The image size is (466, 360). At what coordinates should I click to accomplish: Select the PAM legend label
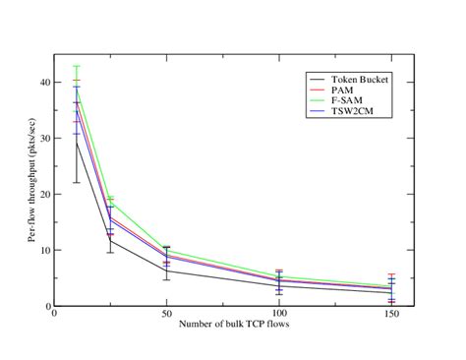[x=344, y=89]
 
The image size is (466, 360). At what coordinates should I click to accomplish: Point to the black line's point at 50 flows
[x=166, y=270]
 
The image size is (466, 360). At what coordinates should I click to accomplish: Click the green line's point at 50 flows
[x=166, y=249]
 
